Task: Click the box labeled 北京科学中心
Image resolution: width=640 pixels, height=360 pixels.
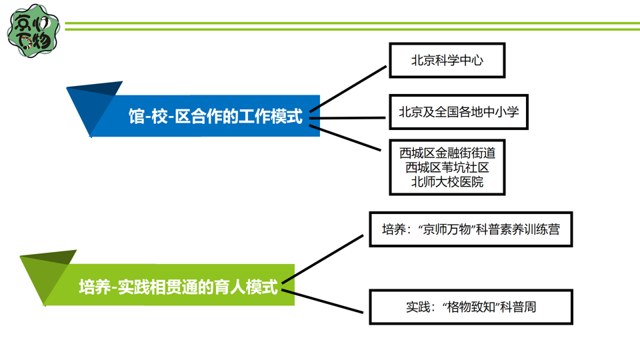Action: pos(447,60)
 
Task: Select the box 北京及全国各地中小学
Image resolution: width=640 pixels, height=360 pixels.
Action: pos(458,112)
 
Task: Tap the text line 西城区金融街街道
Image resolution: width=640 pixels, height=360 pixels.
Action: pos(447,153)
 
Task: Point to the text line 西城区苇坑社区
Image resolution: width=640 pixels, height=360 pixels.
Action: pos(447,167)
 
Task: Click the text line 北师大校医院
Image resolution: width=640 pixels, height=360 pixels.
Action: pos(447,181)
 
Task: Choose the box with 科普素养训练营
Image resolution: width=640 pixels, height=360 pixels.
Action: pos(471,229)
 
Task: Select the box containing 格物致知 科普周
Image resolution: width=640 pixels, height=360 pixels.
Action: pos(471,307)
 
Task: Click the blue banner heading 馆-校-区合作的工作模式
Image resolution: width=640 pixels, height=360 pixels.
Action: pos(215,117)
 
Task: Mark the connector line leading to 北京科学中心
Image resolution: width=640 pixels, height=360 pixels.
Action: pos(349,87)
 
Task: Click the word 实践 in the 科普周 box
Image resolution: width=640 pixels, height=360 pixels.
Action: pos(418,308)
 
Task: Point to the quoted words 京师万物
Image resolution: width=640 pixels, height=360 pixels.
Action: pos(445,230)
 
